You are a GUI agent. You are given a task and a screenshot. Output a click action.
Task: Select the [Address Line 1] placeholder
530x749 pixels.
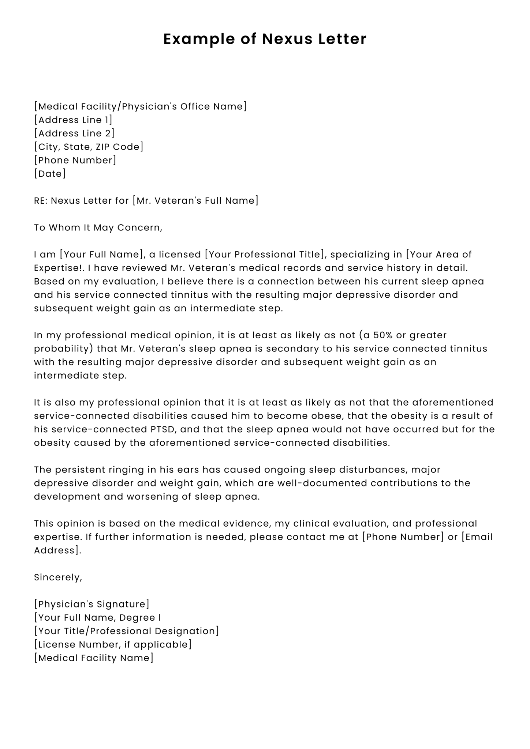[73, 120]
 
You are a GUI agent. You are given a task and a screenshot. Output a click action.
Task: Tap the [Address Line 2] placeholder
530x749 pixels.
[74, 133]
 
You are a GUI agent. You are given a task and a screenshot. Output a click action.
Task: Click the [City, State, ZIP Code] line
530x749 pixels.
[89, 147]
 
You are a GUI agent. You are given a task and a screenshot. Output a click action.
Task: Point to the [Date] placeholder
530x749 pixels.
[50, 174]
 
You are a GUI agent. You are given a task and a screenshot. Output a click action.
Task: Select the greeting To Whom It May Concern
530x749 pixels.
[98, 227]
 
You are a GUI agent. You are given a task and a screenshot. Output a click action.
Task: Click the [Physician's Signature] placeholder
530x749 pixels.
[92, 604]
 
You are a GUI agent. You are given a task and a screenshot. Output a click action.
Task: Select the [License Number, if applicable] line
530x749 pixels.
[113, 644]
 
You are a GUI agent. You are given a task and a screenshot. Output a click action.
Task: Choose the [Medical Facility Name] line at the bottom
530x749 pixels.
[94, 658]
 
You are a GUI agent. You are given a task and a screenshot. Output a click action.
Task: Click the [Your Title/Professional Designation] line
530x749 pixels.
[126, 631]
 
